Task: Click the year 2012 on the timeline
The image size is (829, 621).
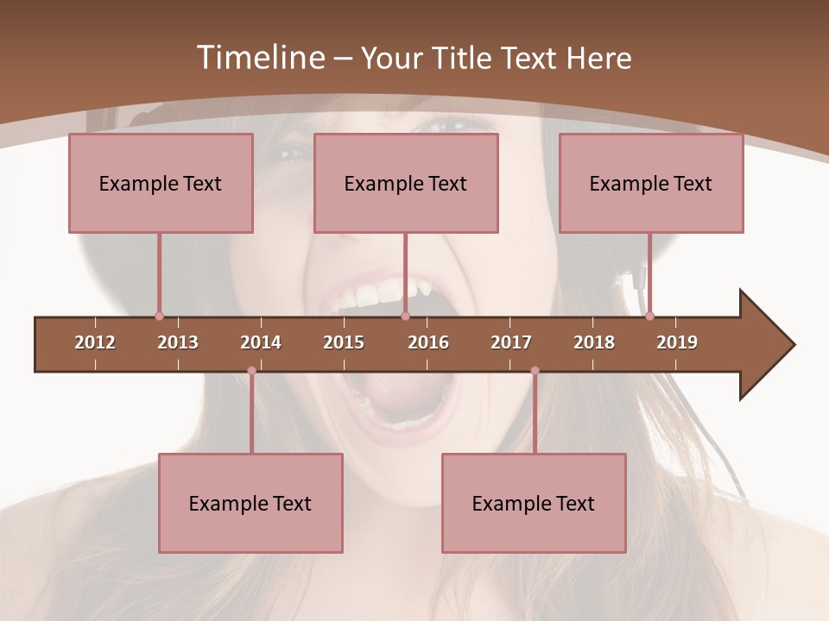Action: tap(95, 342)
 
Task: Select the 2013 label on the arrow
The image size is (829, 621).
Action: tap(178, 342)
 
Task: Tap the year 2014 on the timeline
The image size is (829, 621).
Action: tap(261, 342)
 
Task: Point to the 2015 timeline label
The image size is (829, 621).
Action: tap(344, 342)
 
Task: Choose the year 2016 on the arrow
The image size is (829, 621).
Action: tap(428, 342)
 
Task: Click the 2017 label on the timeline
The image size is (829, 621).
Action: tap(511, 342)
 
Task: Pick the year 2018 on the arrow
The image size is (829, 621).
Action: tap(594, 342)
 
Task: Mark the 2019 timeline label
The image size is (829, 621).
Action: tap(677, 342)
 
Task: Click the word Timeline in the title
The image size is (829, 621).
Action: tap(259, 58)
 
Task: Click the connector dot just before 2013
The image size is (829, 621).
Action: tap(159, 316)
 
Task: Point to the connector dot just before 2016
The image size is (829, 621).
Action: tap(405, 316)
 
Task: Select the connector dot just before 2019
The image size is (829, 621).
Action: tap(649, 316)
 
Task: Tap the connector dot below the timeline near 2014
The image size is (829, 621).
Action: tap(251, 371)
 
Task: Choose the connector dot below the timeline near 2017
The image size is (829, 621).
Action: tap(535, 371)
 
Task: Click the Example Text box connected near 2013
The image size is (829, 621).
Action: tap(161, 183)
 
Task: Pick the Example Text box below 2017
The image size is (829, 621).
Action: tap(534, 503)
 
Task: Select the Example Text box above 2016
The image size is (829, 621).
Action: tap(406, 183)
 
